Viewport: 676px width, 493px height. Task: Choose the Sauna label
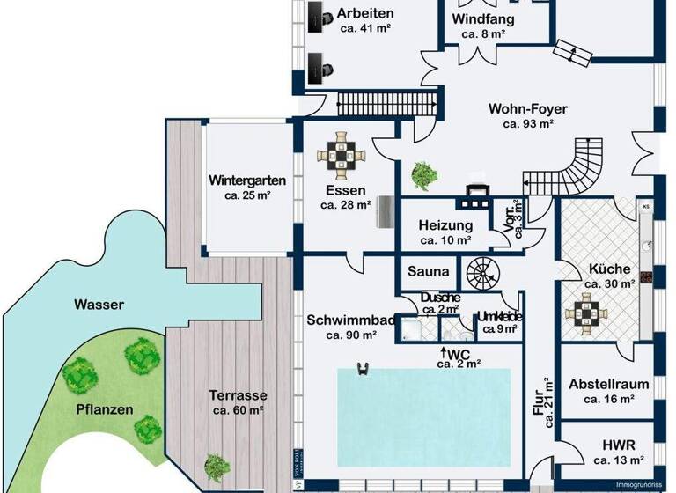[430, 272]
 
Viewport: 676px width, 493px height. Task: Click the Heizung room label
[445, 225]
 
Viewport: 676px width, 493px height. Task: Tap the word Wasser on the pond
[99, 305]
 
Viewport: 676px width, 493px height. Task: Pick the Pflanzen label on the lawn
[104, 409]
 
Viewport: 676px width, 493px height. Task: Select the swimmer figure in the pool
[361, 369]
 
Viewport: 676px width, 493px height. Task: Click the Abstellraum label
[608, 385]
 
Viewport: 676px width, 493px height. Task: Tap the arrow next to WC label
[444, 354]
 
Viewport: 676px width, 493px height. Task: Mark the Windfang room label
[483, 19]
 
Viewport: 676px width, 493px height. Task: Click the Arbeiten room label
[365, 14]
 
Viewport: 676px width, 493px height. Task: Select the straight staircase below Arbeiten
[388, 101]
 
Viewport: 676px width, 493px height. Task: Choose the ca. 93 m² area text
[528, 124]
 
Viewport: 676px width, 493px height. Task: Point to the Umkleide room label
[501, 317]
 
